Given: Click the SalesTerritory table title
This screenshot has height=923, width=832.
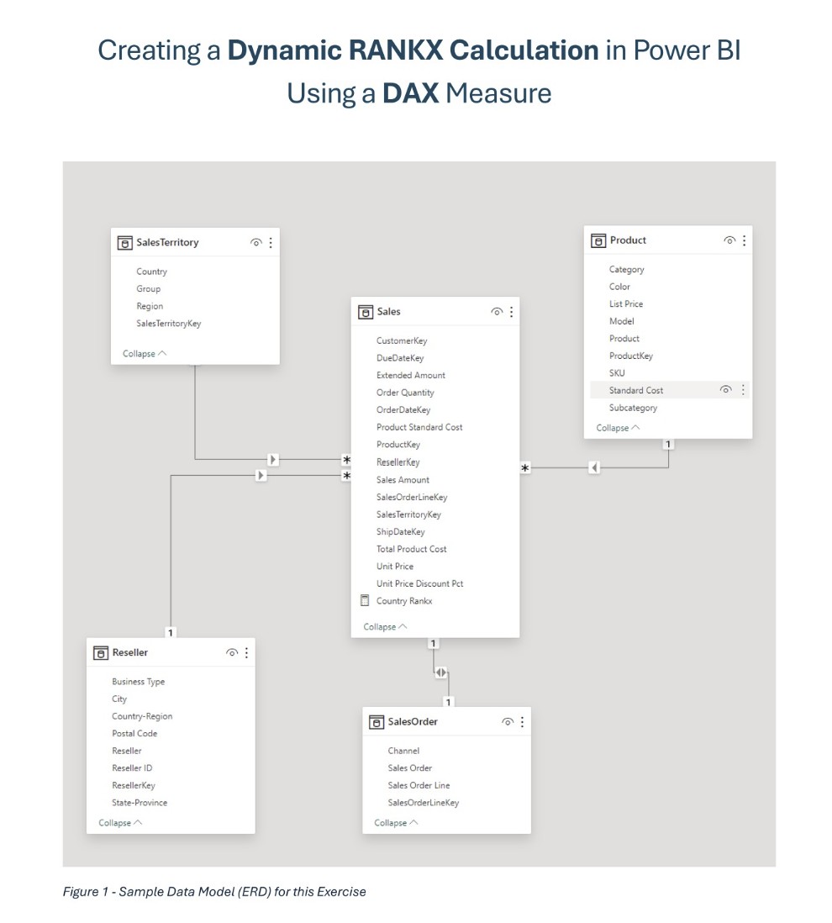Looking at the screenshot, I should pos(169,242).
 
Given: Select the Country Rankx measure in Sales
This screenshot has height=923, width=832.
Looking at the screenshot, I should pos(404,601).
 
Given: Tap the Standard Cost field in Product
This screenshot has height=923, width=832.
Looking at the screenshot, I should pos(635,390).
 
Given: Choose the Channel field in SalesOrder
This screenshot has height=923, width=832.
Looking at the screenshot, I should pos(403,751).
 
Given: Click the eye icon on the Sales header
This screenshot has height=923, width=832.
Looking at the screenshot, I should pos(497,312).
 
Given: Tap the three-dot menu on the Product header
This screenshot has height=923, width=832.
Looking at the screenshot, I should pos(744,240).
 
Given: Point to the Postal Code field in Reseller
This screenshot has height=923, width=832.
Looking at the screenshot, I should pos(134,734).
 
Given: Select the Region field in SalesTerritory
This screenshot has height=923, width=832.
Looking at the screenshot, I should pos(150,306).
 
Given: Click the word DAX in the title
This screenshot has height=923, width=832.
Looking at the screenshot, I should pos(411,92).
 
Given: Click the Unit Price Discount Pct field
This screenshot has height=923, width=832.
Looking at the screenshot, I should pos(419,583).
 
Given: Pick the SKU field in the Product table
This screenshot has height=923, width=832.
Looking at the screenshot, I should pos(617,372).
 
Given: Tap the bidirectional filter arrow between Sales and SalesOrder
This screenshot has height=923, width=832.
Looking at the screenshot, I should pos(441,673).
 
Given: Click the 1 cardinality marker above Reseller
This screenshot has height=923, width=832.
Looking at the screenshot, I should pos(171,631).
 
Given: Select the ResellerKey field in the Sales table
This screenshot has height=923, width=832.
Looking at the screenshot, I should pos(398,461).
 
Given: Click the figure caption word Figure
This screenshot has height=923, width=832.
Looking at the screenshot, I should pos(80,892).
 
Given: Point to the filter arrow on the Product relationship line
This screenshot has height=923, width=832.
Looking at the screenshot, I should pos(595,467).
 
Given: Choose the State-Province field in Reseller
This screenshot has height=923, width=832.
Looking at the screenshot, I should pos(140,803).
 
